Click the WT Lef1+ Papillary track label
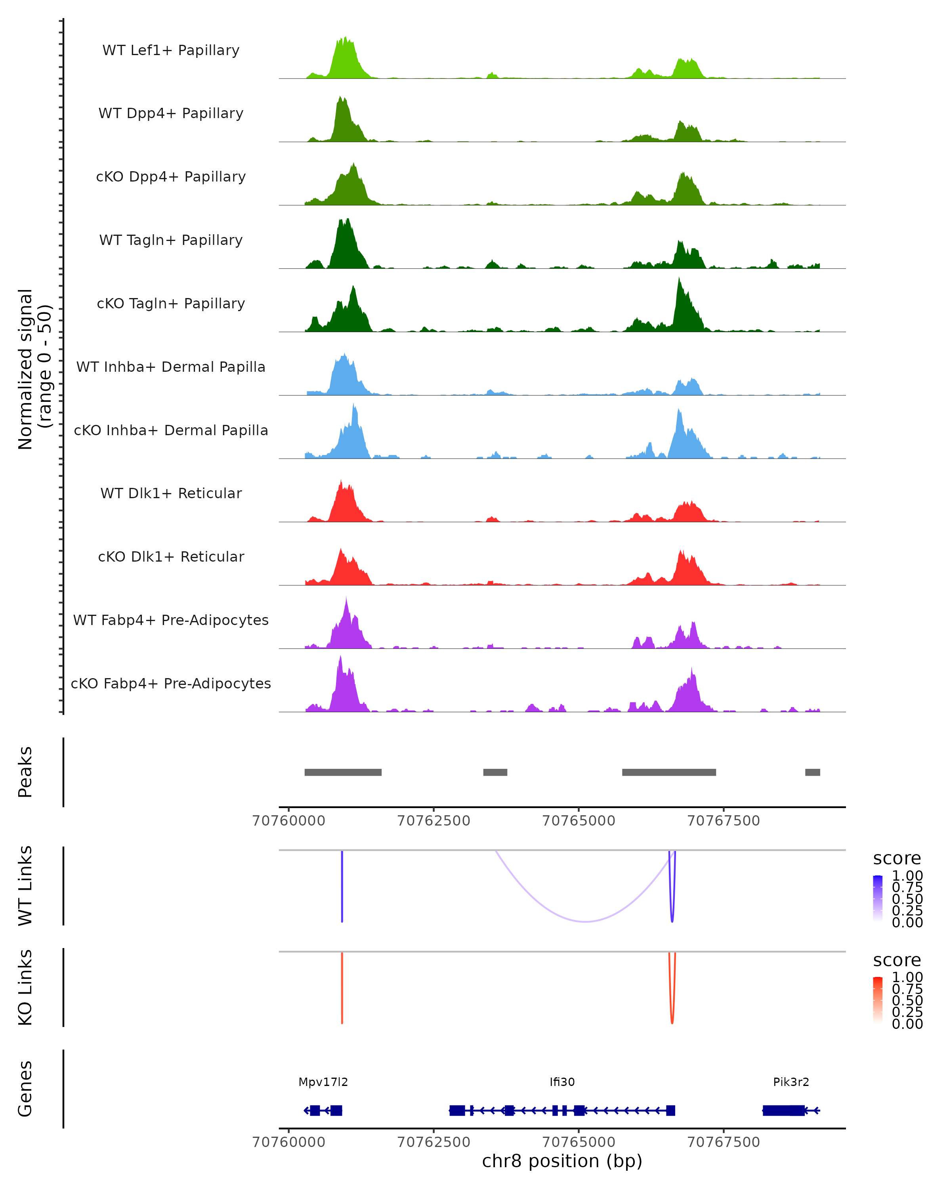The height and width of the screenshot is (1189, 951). pos(171,50)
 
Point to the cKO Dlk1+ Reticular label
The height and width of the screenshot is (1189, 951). pos(171,556)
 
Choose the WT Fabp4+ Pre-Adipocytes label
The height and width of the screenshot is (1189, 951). pos(171,620)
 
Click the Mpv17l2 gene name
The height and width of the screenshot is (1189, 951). pos(323,1082)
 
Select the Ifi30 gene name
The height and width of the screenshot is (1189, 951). pos(562,1082)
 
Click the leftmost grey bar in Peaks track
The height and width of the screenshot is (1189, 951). pos(343,772)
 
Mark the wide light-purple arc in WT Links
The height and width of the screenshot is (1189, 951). pos(586,921)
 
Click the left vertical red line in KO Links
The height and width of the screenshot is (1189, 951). pos(342,987)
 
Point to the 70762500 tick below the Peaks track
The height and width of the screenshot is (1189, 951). pos(434,821)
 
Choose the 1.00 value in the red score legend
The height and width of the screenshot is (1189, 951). pos(907,977)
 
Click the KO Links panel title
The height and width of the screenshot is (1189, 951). pos(25,987)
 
